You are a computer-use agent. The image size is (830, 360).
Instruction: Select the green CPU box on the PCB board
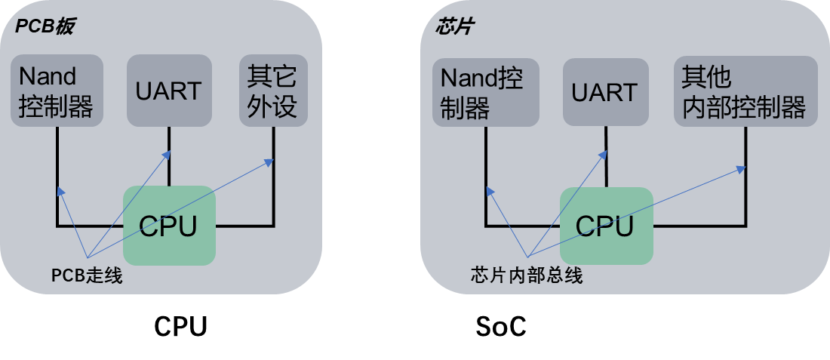[169, 226]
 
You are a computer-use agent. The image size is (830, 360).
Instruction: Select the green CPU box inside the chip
[605, 226]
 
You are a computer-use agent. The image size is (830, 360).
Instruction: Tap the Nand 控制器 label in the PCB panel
[55, 92]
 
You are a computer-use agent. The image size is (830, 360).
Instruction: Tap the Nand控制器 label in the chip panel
[481, 92]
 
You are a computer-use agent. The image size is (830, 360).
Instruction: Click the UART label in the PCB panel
[168, 91]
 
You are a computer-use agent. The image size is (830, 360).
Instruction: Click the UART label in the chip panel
[604, 92]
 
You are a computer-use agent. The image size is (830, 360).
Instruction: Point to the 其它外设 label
[271, 92]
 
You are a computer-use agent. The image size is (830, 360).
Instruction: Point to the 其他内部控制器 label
[743, 92]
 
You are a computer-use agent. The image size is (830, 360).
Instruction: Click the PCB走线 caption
[87, 277]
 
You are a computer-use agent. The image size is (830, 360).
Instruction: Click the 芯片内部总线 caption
[526, 275]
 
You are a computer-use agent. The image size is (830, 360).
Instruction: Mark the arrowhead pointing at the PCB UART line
[168, 154]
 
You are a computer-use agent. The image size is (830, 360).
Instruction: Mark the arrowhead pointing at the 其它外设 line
[269, 161]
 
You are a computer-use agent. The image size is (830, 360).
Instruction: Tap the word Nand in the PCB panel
[47, 77]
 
